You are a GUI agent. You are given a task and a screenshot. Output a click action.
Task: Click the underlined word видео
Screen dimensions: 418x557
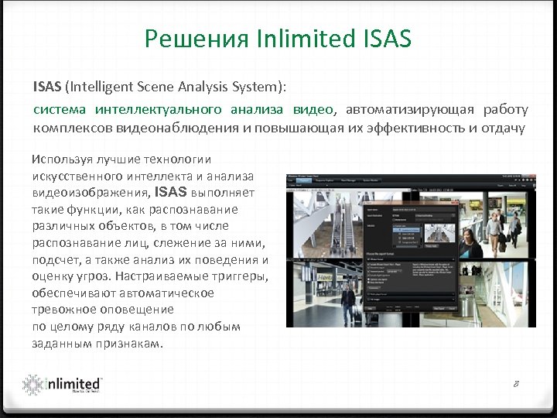tap(313, 110)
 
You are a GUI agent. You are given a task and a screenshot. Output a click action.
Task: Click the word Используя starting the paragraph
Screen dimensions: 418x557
tap(60, 159)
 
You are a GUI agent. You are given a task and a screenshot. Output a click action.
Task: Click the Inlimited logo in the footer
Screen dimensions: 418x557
tap(62, 385)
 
